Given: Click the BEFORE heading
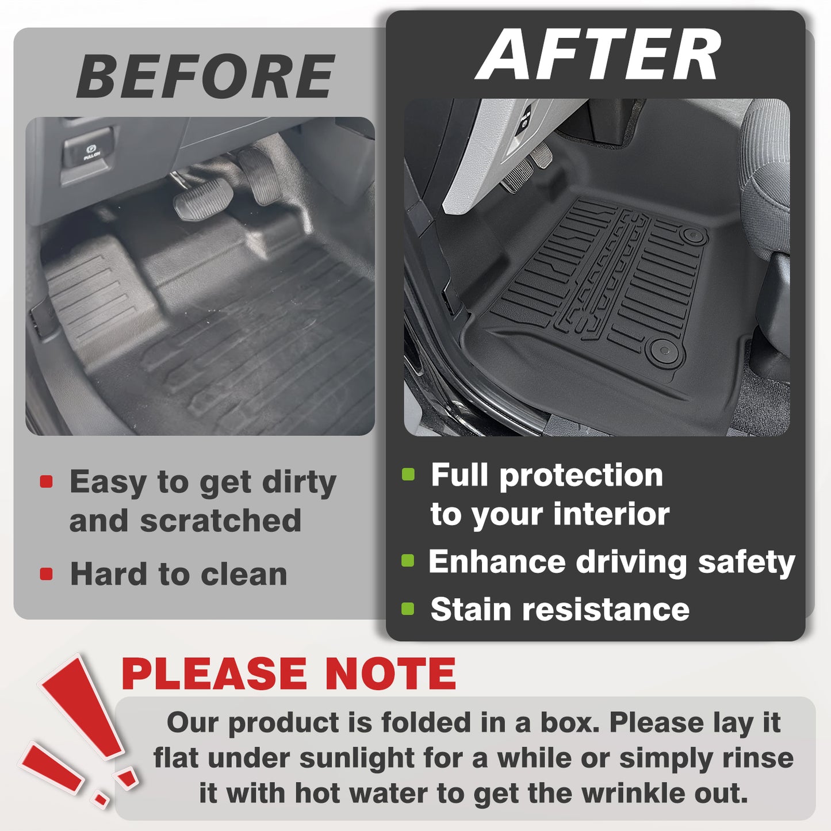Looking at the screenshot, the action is click(x=205, y=76).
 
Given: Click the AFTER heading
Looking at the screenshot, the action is click(x=598, y=55).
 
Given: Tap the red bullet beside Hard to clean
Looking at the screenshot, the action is click(x=46, y=574).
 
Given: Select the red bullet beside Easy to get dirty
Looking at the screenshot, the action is click(x=46, y=482).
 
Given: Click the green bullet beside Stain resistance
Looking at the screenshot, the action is click(x=408, y=608).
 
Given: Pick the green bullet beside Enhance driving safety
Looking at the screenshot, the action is click(x=408, y=561).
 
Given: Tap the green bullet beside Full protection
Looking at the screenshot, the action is click(x=408, y=474).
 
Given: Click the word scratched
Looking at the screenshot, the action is click(x=220, y=520).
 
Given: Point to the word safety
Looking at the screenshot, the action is click(x=746, y=563).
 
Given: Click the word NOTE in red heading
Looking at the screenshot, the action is click(x=390, y=674).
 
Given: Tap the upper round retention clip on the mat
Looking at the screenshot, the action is click(x=693, y=236).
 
